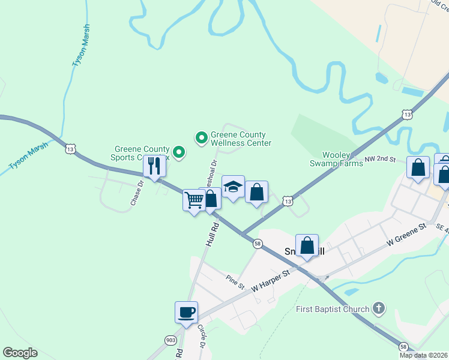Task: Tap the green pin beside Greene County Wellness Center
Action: pyautogui.click(x=202, y=139)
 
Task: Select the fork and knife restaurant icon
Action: pyautogui.click(x=154, y=166)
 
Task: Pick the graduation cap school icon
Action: pyautogui.click(x=233, y=186)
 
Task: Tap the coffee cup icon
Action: pyautogui.click(x=186, y=312)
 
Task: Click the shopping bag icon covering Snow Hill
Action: pyautogui.click(x=307, y=245)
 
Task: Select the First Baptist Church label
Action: pyautogui.click(x=333, y=310)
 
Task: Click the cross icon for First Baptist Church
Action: pyautogui.click(x=378, y=309)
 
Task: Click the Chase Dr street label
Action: pyautogui.click(x=136, y=194)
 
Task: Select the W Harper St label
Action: pyautogui.click(x=271, y=280)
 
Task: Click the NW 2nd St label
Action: pyautogui.click(x=381, y=160)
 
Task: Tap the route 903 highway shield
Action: pyautogui.click(x=170, y=340)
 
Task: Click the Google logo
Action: pyautogui.click(x=20, y=353)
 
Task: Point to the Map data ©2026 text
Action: pyautogui.click(x=423, y=355)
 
